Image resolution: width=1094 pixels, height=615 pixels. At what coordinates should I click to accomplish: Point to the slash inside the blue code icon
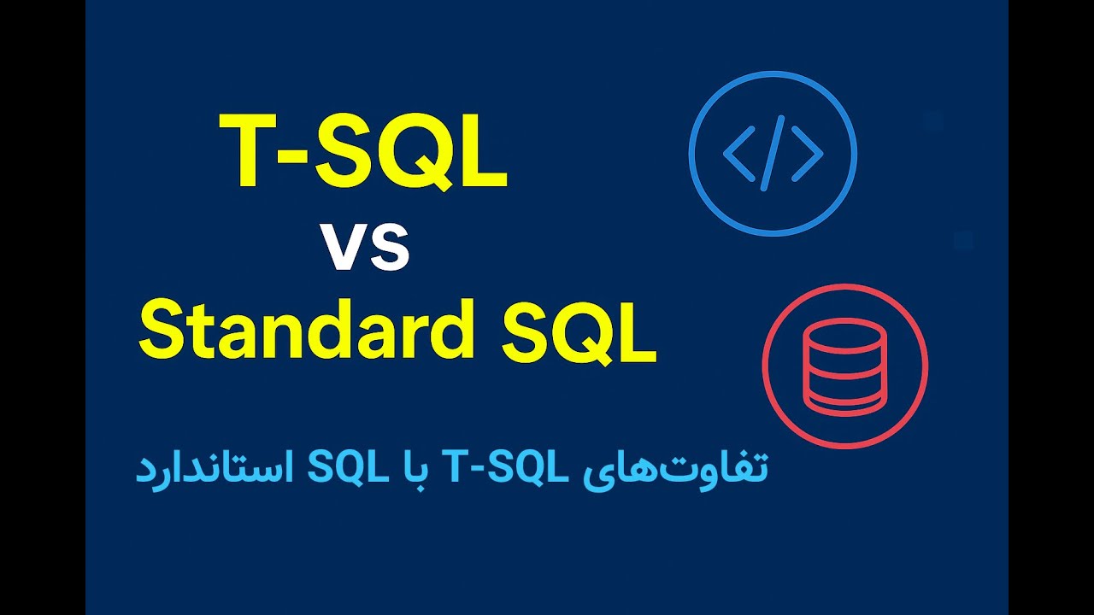coord(772,155)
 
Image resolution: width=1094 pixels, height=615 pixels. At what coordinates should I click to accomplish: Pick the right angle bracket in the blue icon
coord(807,155)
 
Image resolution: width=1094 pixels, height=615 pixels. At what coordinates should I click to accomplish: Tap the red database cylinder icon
coord(844,366)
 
